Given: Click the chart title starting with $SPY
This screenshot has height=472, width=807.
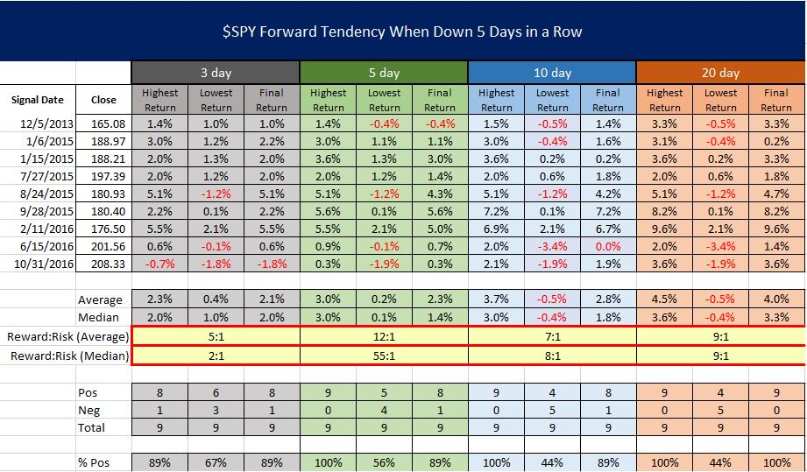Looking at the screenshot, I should [x=402, y=32].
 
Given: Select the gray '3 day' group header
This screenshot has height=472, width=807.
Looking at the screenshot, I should [x=216, y=73].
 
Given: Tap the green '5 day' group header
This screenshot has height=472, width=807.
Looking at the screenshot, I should [x=384, y=73].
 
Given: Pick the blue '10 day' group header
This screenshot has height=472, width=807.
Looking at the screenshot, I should [x=552, y=73].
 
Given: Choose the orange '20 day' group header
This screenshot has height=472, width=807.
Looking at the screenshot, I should [x=720, y=73].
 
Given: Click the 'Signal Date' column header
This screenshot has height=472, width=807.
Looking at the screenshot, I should [x=37, y=100].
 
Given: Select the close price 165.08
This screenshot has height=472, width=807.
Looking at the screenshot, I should [x=103, y=125].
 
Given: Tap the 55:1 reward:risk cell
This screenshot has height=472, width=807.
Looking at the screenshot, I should [x=384, y=356].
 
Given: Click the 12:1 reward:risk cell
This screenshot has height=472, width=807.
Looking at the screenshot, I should [x=384, y=337].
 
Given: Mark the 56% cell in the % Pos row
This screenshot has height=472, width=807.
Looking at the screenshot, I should [x=384, y=462].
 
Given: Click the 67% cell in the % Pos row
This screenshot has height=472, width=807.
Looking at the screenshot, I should [x=216, y=462].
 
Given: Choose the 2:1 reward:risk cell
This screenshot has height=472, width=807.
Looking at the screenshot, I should [x=216, y=356].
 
